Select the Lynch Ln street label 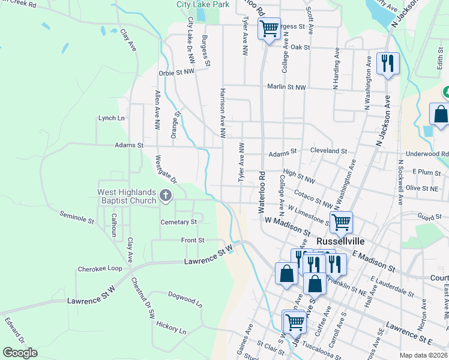coord(112,118)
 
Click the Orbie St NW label coord(176,72)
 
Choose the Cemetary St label coord(179,222)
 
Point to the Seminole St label coord(77,217)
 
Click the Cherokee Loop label coord(100,269)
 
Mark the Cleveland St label coord(329,151)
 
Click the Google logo coord(20,352)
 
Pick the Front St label coord(193,240)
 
